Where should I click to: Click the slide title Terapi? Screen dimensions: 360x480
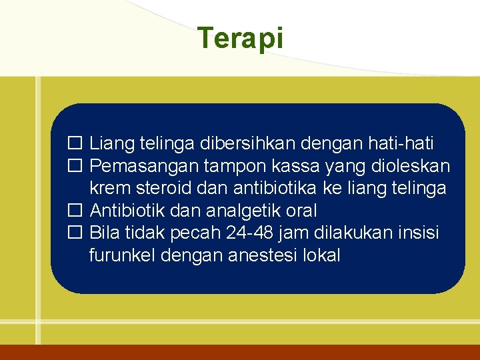(240, 39)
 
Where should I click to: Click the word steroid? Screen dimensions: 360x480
(162, 188)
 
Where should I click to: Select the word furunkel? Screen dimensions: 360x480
(121, 255)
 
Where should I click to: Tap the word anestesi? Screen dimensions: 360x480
(253, 255)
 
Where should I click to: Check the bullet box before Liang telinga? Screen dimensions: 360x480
(74, 143)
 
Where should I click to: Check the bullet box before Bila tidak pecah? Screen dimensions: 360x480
(74, 233)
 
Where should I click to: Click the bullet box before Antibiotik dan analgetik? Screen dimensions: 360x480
(74, 211)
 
